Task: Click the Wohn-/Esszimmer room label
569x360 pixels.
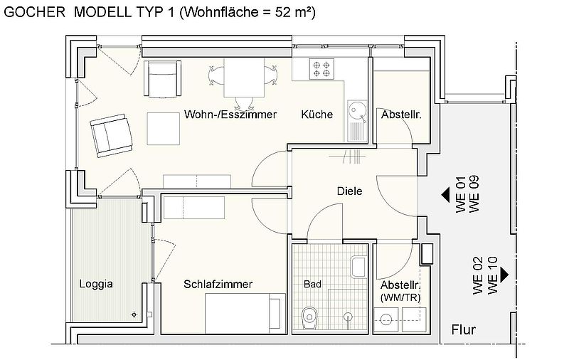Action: tap(230, 115)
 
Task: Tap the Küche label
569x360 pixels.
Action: tap(317, 115)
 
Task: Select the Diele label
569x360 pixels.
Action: tap(349, 191)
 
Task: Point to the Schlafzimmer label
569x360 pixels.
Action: tap(218, 285)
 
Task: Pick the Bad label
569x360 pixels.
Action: tap(312, 285)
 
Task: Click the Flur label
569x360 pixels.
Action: tap(463, 330)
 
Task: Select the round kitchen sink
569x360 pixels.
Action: tap(356, 110)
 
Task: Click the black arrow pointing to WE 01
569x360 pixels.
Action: tap(446, 194)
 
